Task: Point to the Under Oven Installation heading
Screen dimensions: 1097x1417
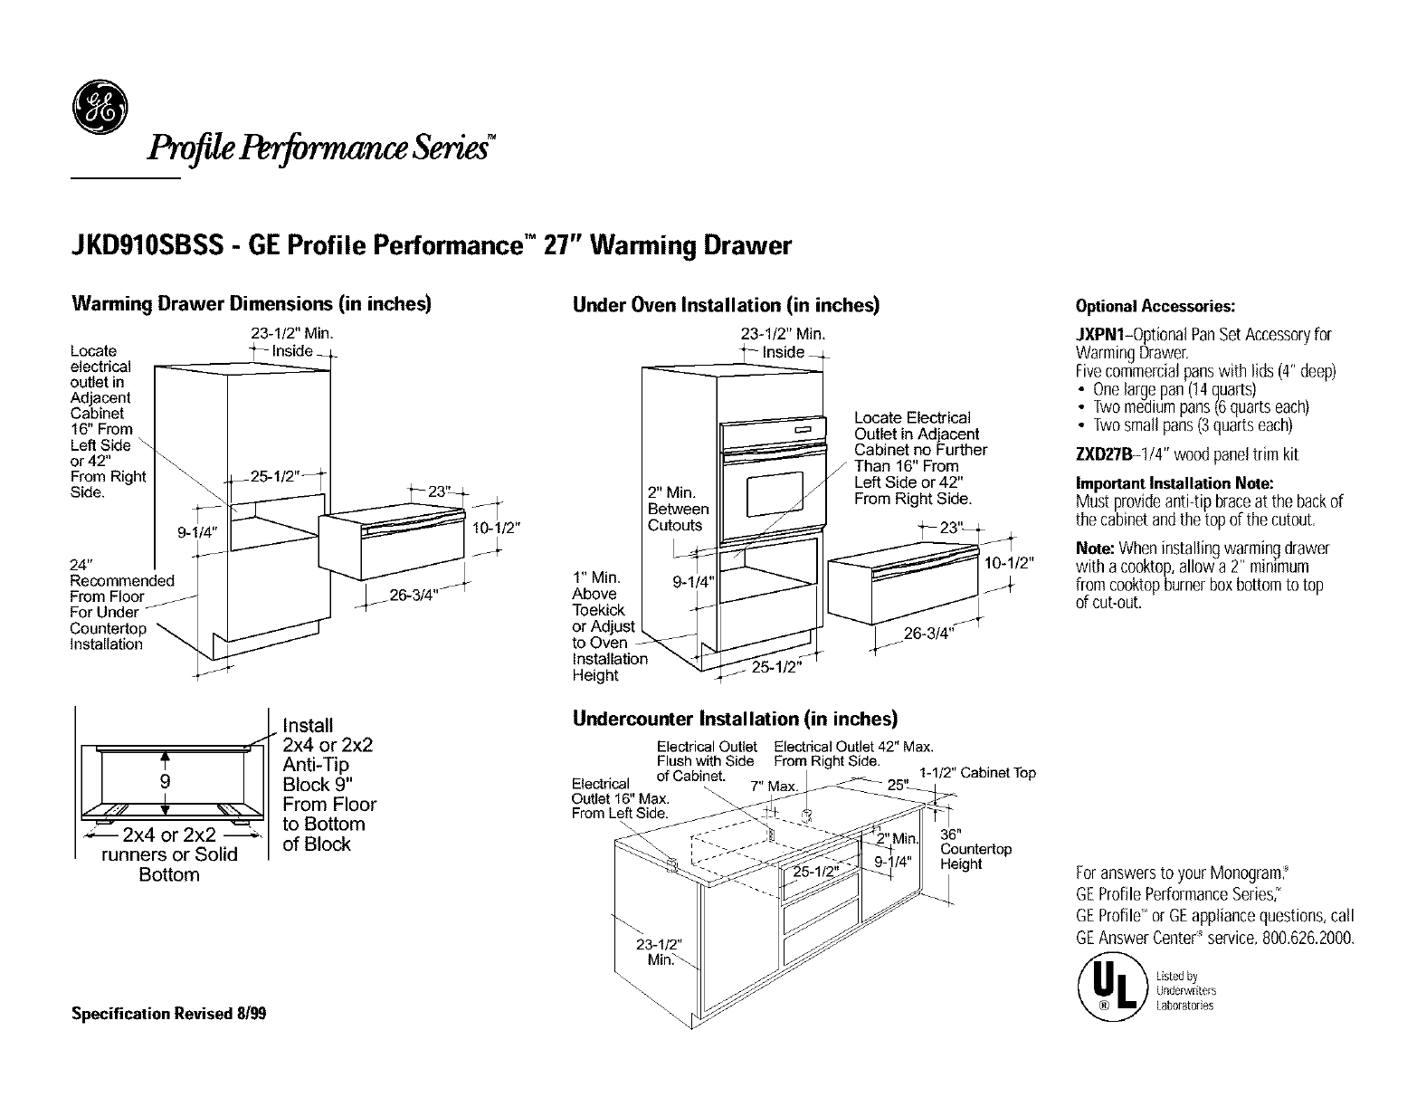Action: (726, 305)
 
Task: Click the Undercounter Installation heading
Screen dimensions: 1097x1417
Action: (735, 719)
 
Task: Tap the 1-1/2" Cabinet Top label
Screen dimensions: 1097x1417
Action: (977, 773)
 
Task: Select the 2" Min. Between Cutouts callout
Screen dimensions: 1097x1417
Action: (677, 509)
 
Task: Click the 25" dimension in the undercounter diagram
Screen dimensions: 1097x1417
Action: (897, 785)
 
